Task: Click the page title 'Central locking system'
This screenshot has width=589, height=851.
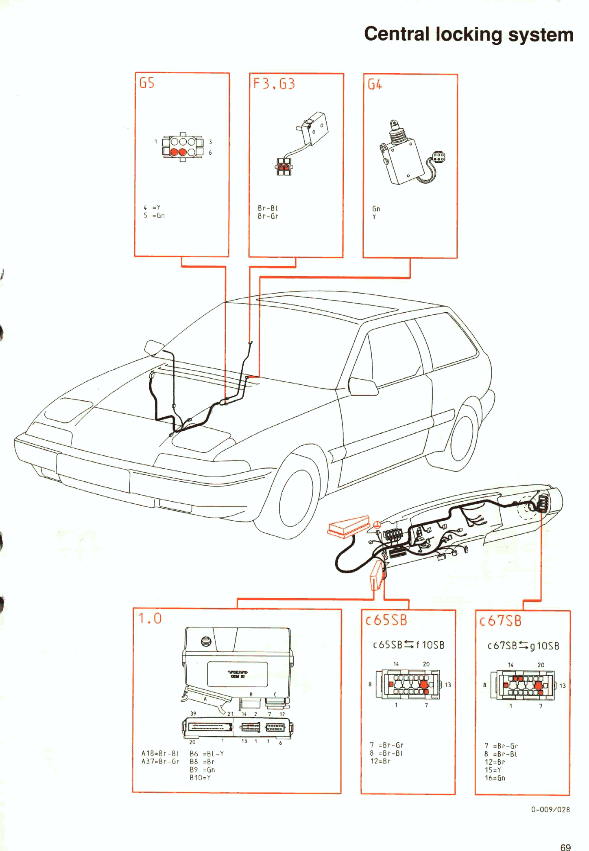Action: pos(469,34)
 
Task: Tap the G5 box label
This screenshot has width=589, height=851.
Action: pos(147,83)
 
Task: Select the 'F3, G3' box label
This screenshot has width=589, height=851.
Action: pos(274,84)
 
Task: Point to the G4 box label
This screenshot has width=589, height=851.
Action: pos(375,85)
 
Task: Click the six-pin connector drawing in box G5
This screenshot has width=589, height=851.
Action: pos(183,147)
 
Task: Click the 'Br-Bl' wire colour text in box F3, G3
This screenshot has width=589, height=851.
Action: pos(268,208)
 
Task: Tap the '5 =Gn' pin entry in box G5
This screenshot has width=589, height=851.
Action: pos(154,215)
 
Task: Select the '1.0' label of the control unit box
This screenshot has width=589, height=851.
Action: pos(150,619)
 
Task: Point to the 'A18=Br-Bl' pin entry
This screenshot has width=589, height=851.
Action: pos(160,753)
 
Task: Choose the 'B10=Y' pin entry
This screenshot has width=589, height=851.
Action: pos(200,777)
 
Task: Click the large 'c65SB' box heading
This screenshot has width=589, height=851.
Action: pos(386,620)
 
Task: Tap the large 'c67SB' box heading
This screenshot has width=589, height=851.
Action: pos(500,621)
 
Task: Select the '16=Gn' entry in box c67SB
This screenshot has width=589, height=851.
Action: pos(495,778)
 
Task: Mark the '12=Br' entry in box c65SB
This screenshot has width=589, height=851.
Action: pos(380,761)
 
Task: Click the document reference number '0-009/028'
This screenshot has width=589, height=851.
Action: pos(550,809)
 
